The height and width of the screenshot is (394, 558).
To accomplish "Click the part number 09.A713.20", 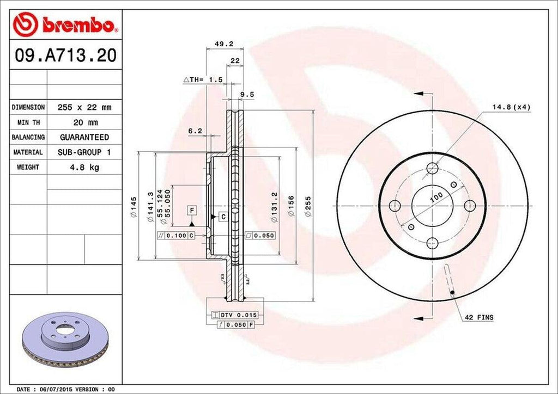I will coord(64,56).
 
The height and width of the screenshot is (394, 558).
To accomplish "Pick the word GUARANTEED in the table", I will coord(84,137).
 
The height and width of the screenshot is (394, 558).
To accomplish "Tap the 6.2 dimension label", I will coord(195,131).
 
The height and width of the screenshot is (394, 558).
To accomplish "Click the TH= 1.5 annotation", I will coord(203,80).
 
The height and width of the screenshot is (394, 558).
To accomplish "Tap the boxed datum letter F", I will coord(192,210).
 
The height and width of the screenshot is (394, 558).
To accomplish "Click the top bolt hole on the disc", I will coord(432,168).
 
